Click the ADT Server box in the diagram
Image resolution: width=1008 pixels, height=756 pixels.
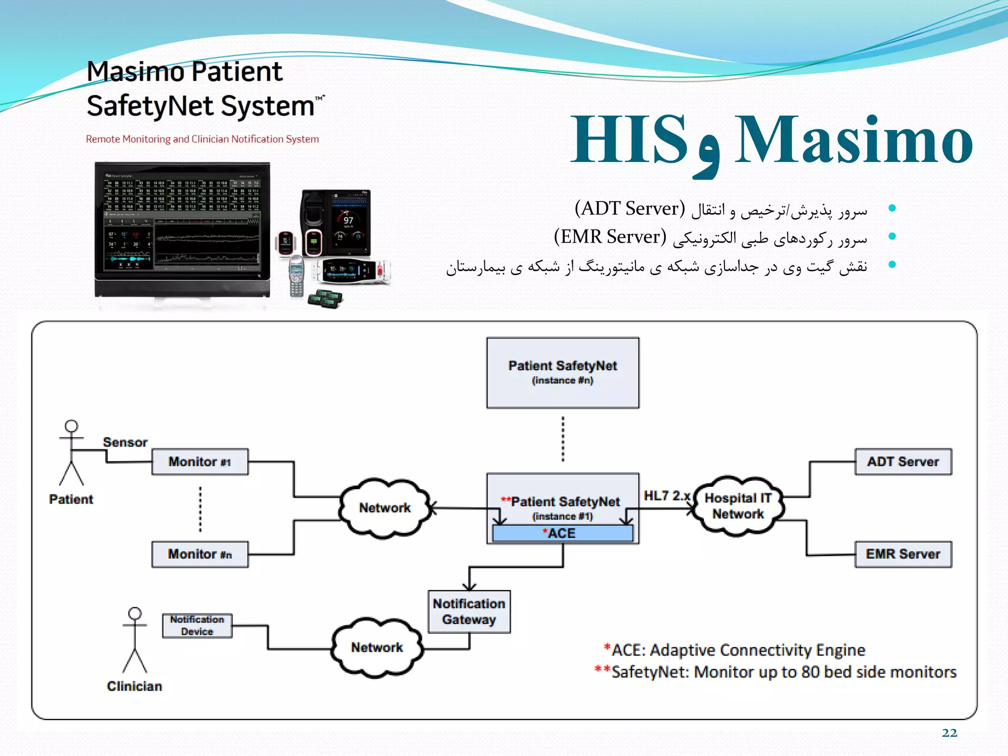[x=903, y=462]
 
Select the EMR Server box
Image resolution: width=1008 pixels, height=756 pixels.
[x=903, y=554]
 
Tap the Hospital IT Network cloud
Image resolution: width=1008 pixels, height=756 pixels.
[x=738, y=506]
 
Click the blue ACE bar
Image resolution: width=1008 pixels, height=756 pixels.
[x=562, y=534]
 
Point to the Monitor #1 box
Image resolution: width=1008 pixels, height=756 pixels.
[x=200, y=462]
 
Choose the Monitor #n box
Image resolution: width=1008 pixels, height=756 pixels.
[x=200, y=554]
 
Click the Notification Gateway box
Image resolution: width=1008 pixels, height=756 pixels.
[x=469, y=612]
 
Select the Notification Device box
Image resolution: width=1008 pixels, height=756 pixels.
[x=197, y=626]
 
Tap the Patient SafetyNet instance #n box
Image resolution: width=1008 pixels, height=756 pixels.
[x=563, y=373]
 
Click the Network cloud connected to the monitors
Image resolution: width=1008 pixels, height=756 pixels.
[x=384, y=508]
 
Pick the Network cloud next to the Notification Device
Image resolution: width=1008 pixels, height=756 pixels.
[x=377, y=648]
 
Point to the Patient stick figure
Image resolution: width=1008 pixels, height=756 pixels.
[x=71, y=453]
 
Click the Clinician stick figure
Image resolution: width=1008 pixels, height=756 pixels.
[x=135, y=640]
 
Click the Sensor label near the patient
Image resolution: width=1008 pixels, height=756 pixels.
[x=125, y=442]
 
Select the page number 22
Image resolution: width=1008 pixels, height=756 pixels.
[x=949, y=733]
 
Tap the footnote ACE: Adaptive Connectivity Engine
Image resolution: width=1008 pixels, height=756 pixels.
[x=735, y=650]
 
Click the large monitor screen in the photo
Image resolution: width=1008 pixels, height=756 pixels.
[x=182, y=221]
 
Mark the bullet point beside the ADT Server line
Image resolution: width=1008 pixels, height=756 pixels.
[x=892, y=209]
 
